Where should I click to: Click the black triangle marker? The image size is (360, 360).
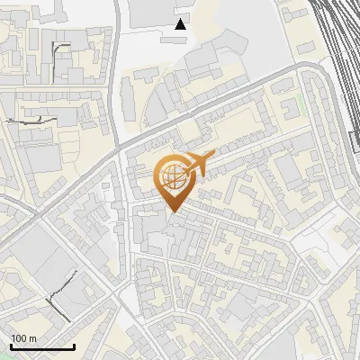pyautogui.click(x=181, y=24)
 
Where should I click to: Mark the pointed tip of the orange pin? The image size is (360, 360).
pyautogui.click(x=172, y=212)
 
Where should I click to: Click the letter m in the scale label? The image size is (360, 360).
pyautogui.click(x=32, y=338)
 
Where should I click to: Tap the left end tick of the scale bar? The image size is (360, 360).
pyautogui.click(x=11, y=346)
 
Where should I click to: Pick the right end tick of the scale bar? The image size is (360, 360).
pyautogui.click(x=74, y=346)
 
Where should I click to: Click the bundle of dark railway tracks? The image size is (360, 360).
pyautogui.click(x=337, y=36)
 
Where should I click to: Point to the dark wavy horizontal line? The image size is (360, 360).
pyautogui.click(x=31, y=120)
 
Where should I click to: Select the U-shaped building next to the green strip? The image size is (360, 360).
pyautogui.click(x=291, y=108)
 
